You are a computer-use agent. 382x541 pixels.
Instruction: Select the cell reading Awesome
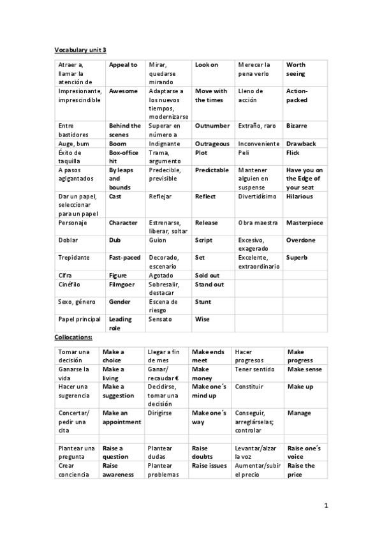[123, 91]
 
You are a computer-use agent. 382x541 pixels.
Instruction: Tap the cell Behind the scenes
[124, 130]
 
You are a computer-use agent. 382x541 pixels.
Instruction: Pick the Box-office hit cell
[123, 158]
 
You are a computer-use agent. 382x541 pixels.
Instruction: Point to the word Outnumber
[212, 126]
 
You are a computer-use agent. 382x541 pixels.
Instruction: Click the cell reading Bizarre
[297, 126]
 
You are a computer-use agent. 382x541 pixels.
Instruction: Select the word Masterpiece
[305, 223]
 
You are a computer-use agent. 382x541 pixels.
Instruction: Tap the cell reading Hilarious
[300, 196]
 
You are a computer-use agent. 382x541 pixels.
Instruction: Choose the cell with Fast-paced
[124, 257]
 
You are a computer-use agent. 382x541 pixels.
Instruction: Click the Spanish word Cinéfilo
[70, 284]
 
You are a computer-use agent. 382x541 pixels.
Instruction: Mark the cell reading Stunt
[203, 302]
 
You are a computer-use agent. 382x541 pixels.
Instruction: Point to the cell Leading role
[121, 323]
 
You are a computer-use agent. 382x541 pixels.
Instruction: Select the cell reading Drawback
[301, 144]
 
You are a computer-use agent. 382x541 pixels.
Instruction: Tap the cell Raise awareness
[119, 470]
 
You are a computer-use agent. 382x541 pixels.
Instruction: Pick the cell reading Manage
[299, 413]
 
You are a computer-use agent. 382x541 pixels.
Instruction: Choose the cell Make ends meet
[208, 356]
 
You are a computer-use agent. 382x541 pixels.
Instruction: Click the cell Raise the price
[301, 470]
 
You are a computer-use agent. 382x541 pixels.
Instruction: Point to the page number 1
[325, 506]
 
